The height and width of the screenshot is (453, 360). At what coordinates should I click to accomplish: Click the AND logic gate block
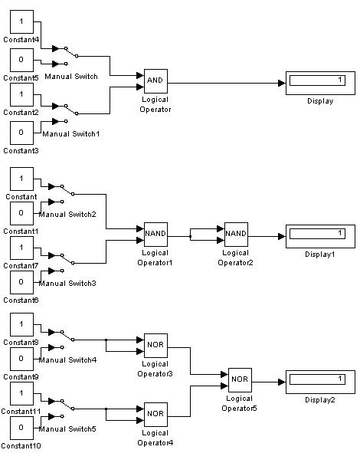(155, 81)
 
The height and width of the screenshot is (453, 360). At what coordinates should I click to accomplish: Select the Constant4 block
(21, 21)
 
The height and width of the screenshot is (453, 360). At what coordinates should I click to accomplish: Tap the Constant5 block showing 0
(21, 60)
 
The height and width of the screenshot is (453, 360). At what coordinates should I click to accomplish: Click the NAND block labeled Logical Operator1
(155, 235)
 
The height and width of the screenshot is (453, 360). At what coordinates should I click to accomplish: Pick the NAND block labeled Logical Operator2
(236, 235)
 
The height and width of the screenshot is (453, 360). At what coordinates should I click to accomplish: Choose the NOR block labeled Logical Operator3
(155, 346)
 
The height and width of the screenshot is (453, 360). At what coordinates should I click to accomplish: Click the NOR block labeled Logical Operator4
(155, 414)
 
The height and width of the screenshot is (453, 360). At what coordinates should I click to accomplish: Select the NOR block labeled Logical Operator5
(240, 380)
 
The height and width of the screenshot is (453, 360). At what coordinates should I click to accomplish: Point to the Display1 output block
(320, 236)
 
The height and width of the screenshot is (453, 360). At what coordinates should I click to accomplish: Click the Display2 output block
(320, 382)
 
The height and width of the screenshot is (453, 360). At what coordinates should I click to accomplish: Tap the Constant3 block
(21, 133)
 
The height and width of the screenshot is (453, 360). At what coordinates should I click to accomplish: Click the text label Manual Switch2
(67, 215)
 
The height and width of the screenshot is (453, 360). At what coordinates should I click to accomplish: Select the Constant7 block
(21, 248)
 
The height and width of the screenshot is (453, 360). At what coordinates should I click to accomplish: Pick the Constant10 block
(21, 428)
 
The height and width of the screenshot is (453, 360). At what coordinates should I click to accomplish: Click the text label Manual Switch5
(67, 429)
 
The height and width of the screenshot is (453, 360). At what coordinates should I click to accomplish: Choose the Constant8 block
(21, 324)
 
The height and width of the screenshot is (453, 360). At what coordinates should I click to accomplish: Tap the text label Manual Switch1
(71, 134)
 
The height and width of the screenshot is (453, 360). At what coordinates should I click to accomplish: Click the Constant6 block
(21, 282)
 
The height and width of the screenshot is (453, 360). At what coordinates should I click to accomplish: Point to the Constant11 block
(21, 393)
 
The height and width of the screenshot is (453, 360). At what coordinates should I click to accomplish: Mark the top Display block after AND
(320, 83)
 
